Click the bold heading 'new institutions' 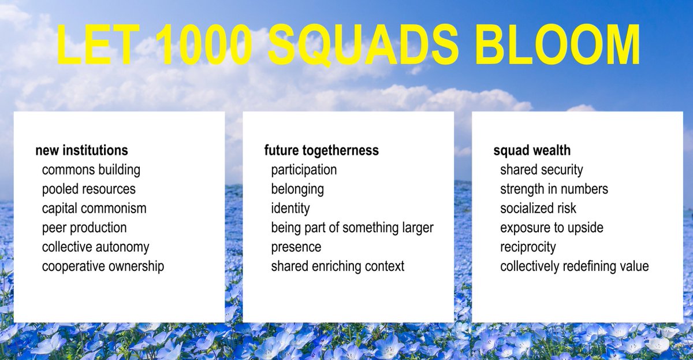tap(81, 151)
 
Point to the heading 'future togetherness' tap(322, 151)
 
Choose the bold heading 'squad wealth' tap(532, 151)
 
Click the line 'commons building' tap(91, 170)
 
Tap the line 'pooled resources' tap(89, 189)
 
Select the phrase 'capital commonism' tap(94, 208)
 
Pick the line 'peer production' tap(84, 228)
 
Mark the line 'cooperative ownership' tap(103, 266)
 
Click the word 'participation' tap(304, 170)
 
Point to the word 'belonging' tap(297, 189)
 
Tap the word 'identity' tap(290, 208)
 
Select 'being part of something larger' tap(352, 228)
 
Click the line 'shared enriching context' tap(338, 266)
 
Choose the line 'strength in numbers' tap(554, 189)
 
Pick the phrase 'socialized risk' tap(538, 208)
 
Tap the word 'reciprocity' tap(528, 247)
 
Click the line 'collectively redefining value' tap(575, 266)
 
